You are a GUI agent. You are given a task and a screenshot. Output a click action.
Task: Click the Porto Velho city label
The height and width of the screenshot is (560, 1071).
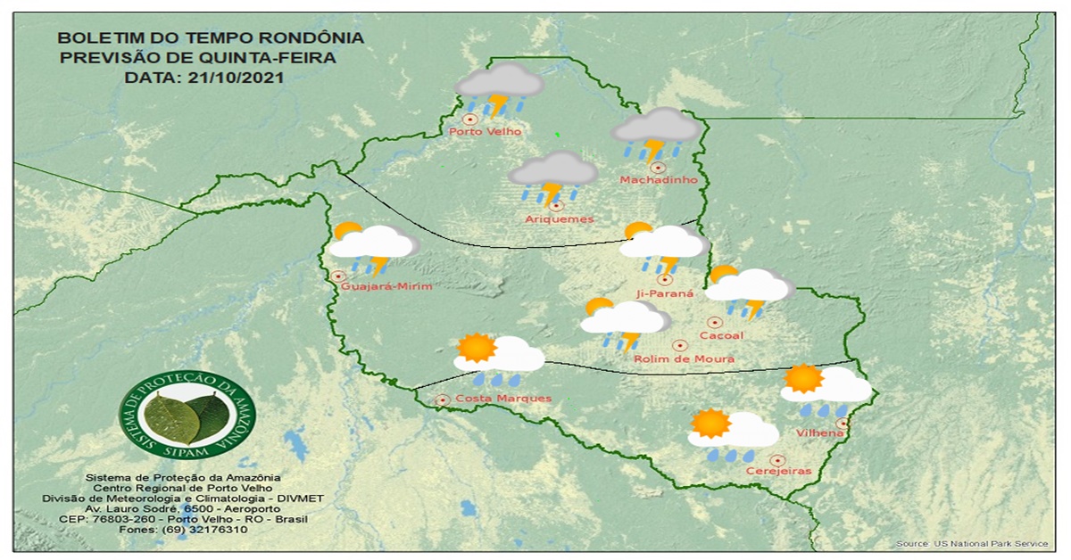coord(485,132)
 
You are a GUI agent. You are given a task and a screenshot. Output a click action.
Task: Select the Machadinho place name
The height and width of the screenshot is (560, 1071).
coord(658,181)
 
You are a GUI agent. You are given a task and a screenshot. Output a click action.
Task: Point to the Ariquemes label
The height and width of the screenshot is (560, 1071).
coord(560,219)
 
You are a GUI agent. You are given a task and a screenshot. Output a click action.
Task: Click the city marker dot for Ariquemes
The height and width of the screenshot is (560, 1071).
coord(557,206)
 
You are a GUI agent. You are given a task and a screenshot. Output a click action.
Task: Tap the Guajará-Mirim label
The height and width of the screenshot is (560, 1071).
coord(386,286)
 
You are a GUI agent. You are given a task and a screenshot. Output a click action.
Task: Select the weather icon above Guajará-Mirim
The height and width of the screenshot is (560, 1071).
coord(373,246)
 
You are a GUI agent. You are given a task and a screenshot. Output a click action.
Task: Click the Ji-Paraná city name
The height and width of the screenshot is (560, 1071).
coord(665,293)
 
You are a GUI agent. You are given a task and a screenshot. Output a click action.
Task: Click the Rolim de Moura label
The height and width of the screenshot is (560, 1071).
coord(684,359)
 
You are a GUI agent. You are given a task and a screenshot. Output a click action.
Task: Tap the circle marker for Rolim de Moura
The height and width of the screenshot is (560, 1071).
coord(679,345)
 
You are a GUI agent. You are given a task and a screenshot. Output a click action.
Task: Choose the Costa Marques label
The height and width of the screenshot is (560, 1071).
coord(503,399)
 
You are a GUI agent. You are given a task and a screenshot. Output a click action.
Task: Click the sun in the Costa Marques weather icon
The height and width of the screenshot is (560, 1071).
coord(477,348)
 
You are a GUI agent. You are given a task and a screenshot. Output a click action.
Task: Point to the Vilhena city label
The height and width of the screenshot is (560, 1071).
coord(819,433)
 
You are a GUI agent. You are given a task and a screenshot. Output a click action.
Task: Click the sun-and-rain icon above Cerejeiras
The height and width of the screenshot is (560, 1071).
coord(733,433)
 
